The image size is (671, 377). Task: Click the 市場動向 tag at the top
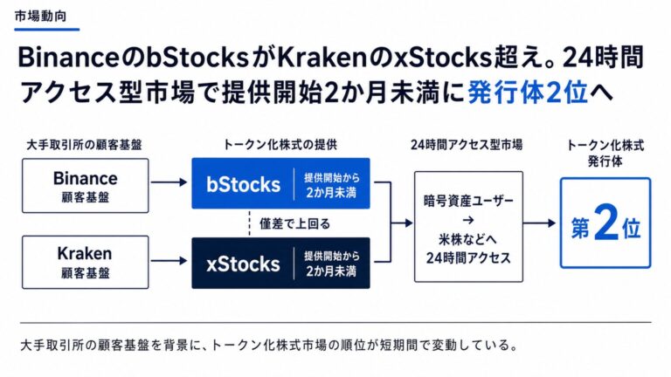pyautogui.click(x=41, y=17)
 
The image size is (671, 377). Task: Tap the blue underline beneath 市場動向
pyautogui.click(x=47, y=30)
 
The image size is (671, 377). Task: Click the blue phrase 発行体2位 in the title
pyautogui.click(x=528, y=93)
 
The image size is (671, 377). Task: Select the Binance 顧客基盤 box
pyautogui.click(x=85, y=186)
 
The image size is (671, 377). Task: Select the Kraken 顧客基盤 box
pyautogui.click(x=85, y=262)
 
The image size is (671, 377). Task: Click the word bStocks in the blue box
pyautogui.click(x=243, y=184)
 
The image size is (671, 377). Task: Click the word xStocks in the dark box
pyautogui.click(x=243, y=264)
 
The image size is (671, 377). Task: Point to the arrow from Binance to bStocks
pyautogui.click(x=169, y=182)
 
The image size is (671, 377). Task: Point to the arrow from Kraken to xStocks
pyautogui.click(x=169, y=260)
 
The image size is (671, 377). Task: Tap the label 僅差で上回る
pyautogui.click(x=294, y=223)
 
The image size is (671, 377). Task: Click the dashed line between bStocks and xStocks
pyautogui.click(x=250, y=223)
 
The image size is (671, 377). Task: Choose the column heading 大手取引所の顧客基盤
pyautogui.click(x=84, y=145)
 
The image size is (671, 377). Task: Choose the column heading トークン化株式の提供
pyautogui.click(x=280, y=145)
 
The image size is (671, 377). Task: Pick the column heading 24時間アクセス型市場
pyautogui.click(x=467, y=145)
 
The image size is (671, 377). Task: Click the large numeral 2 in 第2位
pyautogui.click(x=606, y=223)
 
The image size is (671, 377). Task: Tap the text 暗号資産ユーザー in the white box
pyautogui.click(x=468, y=201)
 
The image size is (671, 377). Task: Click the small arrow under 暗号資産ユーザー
pyautogui.click(x=468, y=220)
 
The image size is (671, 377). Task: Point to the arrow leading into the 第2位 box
pyautogui.click(x=539, y=223)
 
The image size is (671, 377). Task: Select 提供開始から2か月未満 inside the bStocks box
pyautogui.click(x=332, y=185)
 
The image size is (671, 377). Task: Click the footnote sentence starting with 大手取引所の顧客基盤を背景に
pyautogui.click(x=270, y=345)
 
